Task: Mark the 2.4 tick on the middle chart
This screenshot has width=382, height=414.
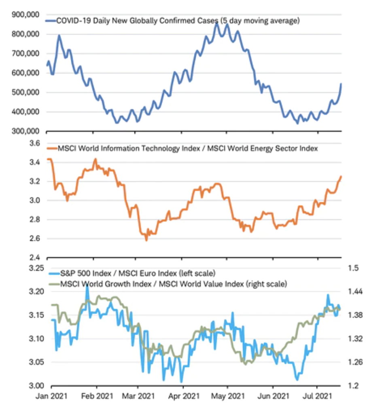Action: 34,258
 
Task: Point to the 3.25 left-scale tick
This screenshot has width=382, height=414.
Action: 33,268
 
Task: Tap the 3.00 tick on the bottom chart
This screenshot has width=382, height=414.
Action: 33,385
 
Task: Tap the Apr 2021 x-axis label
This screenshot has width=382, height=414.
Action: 183,397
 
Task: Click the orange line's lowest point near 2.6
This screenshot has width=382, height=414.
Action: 146,241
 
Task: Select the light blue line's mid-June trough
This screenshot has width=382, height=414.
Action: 297,380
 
